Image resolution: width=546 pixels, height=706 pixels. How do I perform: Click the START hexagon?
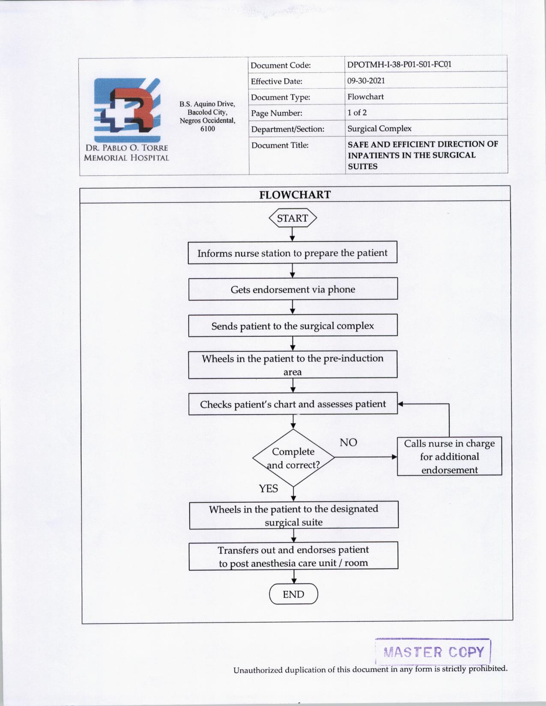tap(292, 218)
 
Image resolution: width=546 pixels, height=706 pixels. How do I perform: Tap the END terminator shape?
tap(293, 594)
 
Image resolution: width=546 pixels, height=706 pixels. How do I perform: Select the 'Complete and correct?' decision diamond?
tap(293, 458)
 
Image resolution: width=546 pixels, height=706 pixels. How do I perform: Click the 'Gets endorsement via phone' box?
tap(293, 289)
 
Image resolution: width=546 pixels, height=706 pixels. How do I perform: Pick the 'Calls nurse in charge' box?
tap(449, 457)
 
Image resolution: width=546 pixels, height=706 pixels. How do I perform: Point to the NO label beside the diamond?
tap(348, 442)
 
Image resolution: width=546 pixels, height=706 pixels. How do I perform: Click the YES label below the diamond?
tap(269, 489)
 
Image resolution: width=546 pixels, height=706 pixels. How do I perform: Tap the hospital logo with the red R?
tap(127, 110)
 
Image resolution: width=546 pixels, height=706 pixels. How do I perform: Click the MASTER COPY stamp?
tap(433, 652)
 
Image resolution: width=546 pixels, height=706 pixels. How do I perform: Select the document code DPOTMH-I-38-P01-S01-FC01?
tap(399, 65)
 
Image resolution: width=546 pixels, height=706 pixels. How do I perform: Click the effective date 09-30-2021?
tap(366, 80)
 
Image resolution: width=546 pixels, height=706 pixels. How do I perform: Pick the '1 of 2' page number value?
tap(357, 113)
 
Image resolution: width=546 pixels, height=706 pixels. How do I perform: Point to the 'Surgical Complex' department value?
tap(379, 128)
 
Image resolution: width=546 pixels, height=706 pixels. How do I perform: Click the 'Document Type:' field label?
tap(280, 97)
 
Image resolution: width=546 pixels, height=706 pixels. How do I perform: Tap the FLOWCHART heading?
tap(295, 195)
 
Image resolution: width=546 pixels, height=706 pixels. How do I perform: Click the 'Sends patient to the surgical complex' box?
tap(293, 326)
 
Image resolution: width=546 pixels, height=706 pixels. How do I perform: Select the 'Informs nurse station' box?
tap(292, 253)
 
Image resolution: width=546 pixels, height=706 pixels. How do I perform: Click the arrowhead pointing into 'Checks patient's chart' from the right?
tap(401, 403)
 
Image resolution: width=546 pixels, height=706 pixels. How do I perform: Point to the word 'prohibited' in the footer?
tap(488, 668)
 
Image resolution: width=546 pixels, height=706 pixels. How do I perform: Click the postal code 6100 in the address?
tap(208, 128)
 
